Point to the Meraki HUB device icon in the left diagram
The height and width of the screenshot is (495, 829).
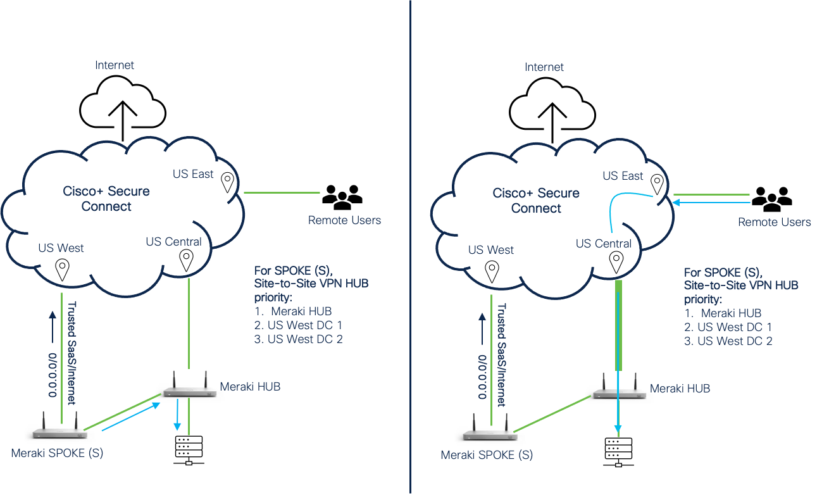pos(189,386)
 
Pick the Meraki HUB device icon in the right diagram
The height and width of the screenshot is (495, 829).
pos(618,388)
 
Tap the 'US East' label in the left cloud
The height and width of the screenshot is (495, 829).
pos(194,173)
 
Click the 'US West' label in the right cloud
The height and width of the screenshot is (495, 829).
pos(491,250)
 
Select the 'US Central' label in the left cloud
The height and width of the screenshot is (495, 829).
pos(173,242)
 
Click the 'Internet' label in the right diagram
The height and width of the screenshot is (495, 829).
pos(544,66)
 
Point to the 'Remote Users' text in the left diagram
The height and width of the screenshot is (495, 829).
pos(344,220)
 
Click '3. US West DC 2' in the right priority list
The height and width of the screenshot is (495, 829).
pos(728,341)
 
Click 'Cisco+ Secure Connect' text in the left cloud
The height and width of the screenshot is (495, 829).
pos(106,199)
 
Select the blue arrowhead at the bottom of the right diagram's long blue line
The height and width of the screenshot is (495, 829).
pos(618,432)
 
